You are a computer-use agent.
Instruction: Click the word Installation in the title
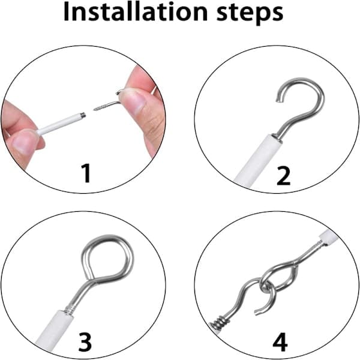pyautogui.click(x=135, y=12)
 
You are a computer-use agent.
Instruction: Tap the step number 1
pyautogui.click(x=86, y=173)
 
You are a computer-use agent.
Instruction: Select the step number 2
pyautogui.click(x=284, y=176)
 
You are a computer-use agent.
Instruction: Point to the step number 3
pyautogui.click(x=85, y=342)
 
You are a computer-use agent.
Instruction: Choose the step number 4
pyautogui.click(x=280, y=342)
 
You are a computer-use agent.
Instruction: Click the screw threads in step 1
pyautogui.click(x=100, y=107)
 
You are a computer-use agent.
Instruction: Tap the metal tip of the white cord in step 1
pyautogui.click(x=83, y=115)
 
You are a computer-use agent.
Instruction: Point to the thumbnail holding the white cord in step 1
pyautogui.click(x=23, y=143)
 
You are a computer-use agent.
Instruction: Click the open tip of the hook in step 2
pyautogui.click(x=278, y=100)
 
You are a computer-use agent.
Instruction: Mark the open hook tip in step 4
pyautogui.click(x=257, y=312)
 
